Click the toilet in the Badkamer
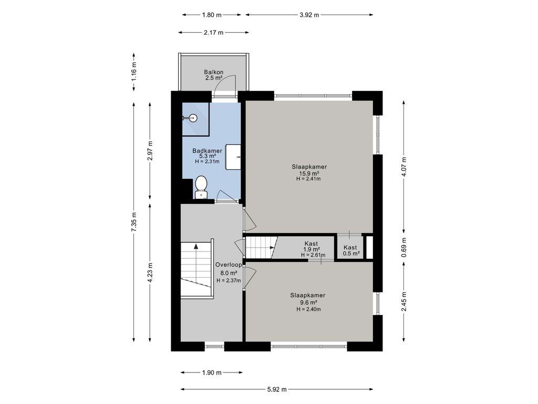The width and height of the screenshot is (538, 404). click(201, 188)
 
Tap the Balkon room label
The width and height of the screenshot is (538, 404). click(214, 72)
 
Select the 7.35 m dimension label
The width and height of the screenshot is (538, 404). click(134, 222)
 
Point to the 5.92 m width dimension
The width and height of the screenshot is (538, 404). click(277, 390)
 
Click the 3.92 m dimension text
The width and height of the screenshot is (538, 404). click(309, 15)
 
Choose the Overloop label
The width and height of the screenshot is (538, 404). click(229, 265)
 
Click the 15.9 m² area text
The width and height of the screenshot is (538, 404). click(309, 174)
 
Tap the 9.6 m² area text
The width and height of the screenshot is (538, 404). click(308, 302)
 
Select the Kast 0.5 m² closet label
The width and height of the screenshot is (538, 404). click(351, 250)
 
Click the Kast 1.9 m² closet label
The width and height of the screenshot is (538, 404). click(312, 247)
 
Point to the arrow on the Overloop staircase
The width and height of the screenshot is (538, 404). click(196, 246)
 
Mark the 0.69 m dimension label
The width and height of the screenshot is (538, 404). click(404, 247)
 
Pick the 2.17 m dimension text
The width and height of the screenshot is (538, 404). click(213, 33)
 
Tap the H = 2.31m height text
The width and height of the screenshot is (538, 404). click(207, 161)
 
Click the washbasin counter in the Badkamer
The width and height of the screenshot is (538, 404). click(233, 157)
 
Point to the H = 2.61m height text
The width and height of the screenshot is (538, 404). click(313, 255)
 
